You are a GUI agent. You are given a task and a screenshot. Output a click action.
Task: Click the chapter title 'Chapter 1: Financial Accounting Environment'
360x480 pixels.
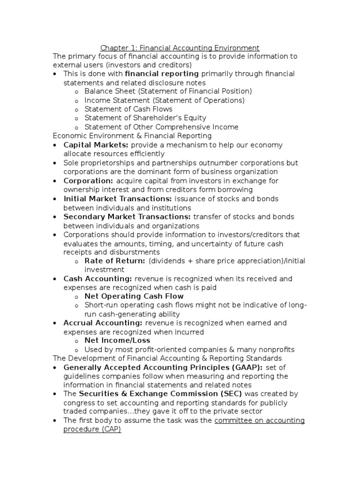point(180,48)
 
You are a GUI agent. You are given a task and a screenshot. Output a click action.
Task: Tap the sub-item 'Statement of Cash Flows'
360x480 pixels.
point(128,109)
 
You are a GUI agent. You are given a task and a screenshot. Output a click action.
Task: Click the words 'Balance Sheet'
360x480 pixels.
point(104,91)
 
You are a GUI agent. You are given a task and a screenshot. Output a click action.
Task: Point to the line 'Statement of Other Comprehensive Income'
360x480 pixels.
point(161,127)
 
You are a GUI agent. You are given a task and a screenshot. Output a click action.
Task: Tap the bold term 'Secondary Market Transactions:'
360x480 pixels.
point(127,217)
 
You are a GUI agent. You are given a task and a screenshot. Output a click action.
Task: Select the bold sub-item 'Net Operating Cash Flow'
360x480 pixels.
point(134,296)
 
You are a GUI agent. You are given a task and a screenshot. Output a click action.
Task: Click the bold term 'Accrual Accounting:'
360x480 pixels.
point(103,323)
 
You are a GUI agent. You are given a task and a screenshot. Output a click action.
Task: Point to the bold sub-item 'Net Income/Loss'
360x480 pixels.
point(114,341)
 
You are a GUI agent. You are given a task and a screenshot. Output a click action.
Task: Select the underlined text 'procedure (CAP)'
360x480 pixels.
point(92,429)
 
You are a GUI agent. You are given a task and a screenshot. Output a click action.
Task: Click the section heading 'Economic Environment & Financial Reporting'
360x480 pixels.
point(132,136)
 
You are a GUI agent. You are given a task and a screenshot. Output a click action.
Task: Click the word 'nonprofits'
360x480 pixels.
point(276,350)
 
